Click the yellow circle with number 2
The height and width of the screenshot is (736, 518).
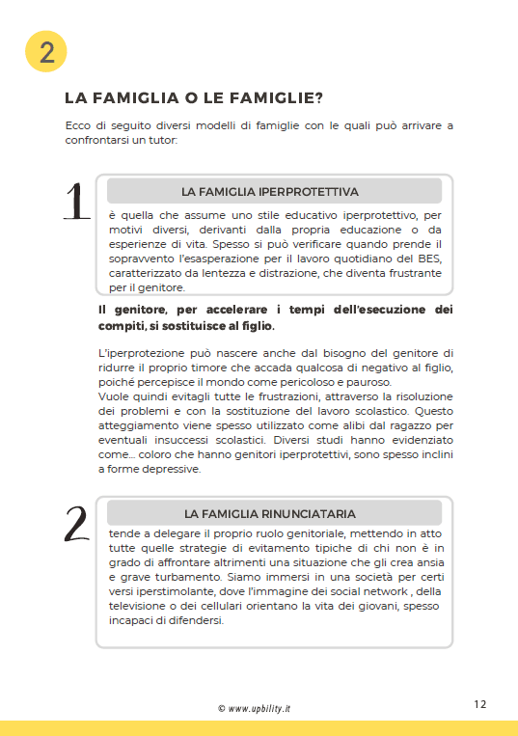click(46, 52)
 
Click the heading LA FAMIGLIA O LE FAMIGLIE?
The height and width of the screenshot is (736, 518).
click(193, 98)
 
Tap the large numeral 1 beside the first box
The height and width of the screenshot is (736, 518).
click(77, 202)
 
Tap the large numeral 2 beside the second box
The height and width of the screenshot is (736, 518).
click(77, 525)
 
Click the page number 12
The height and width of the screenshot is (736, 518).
click(480, 704)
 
